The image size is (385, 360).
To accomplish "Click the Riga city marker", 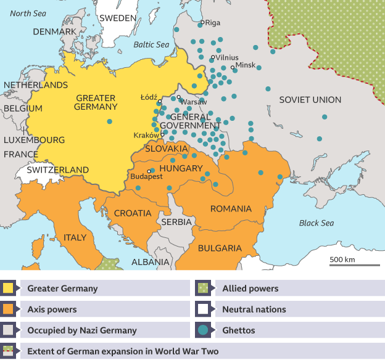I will click(x=202, y=23).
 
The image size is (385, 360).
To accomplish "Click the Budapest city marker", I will click(x=149, y=171).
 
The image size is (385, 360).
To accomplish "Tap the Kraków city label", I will click(x=146, y=135).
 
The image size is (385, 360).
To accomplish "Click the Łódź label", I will click(x=149, y=97).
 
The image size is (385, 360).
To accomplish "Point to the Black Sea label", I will click(x=317, y=223).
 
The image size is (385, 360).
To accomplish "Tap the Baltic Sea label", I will click(x=151, y=44).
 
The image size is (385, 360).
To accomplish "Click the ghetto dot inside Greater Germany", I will click(x=110, y=121).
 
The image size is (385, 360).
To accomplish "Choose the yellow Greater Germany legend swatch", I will click(x=9, y=288).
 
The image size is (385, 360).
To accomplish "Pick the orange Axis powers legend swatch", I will click(x=9, y=309).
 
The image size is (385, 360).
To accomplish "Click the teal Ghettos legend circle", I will click(x=202, y=330).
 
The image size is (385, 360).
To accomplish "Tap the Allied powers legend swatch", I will click(x=202, y=288).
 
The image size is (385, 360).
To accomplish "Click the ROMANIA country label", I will click(x=231, y=209).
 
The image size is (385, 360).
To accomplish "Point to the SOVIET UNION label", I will click(x=310, y=100).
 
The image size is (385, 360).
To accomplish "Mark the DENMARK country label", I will click(x=54, y=31).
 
